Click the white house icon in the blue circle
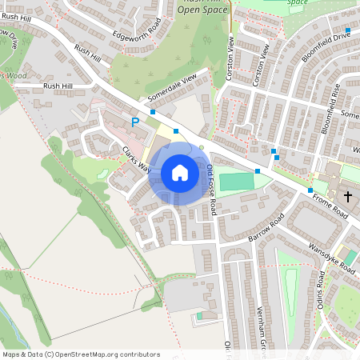tap(180, 173)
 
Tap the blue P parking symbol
tap(135, 122)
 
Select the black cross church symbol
tap(348, 196)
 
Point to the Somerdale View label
tap(171, 90)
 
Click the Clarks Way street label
tap(136, 157)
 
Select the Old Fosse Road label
tap(211, 189)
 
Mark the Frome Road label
tap(330, 207)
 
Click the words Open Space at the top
tap(203, 10)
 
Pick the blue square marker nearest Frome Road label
tap(310, 190)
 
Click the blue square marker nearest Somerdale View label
tap(152, 112)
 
